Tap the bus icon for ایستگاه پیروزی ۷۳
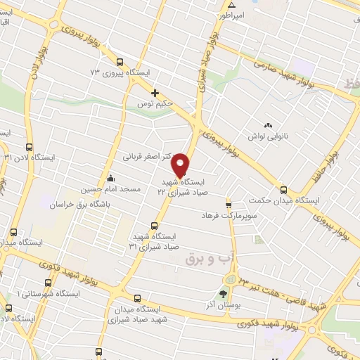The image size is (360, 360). [118, 62]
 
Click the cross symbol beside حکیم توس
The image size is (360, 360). [155, 93]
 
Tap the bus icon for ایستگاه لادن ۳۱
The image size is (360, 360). [29, 147]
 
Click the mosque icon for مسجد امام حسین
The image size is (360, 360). [110, 177]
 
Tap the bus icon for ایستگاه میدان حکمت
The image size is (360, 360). [284, 190]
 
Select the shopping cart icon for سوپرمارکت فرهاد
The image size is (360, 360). [229, 205]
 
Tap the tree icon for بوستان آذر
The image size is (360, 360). [224, 294]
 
